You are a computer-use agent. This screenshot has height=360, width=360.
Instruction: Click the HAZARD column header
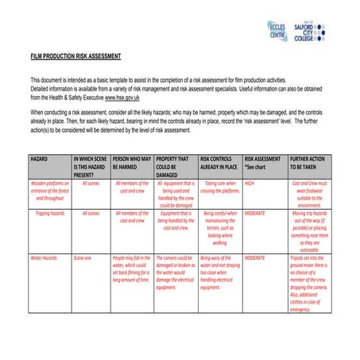tap(39, 160)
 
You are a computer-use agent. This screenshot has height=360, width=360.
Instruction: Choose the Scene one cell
tap(83, 258)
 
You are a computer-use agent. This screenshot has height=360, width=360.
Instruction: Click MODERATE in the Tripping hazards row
tap(255, 214)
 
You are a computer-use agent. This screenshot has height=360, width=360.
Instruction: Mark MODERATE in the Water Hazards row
tap(255, 258)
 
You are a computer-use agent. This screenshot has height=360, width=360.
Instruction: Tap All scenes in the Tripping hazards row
tap(91, 214)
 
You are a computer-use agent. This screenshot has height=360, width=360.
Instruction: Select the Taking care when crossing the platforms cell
tap(219, 187)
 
